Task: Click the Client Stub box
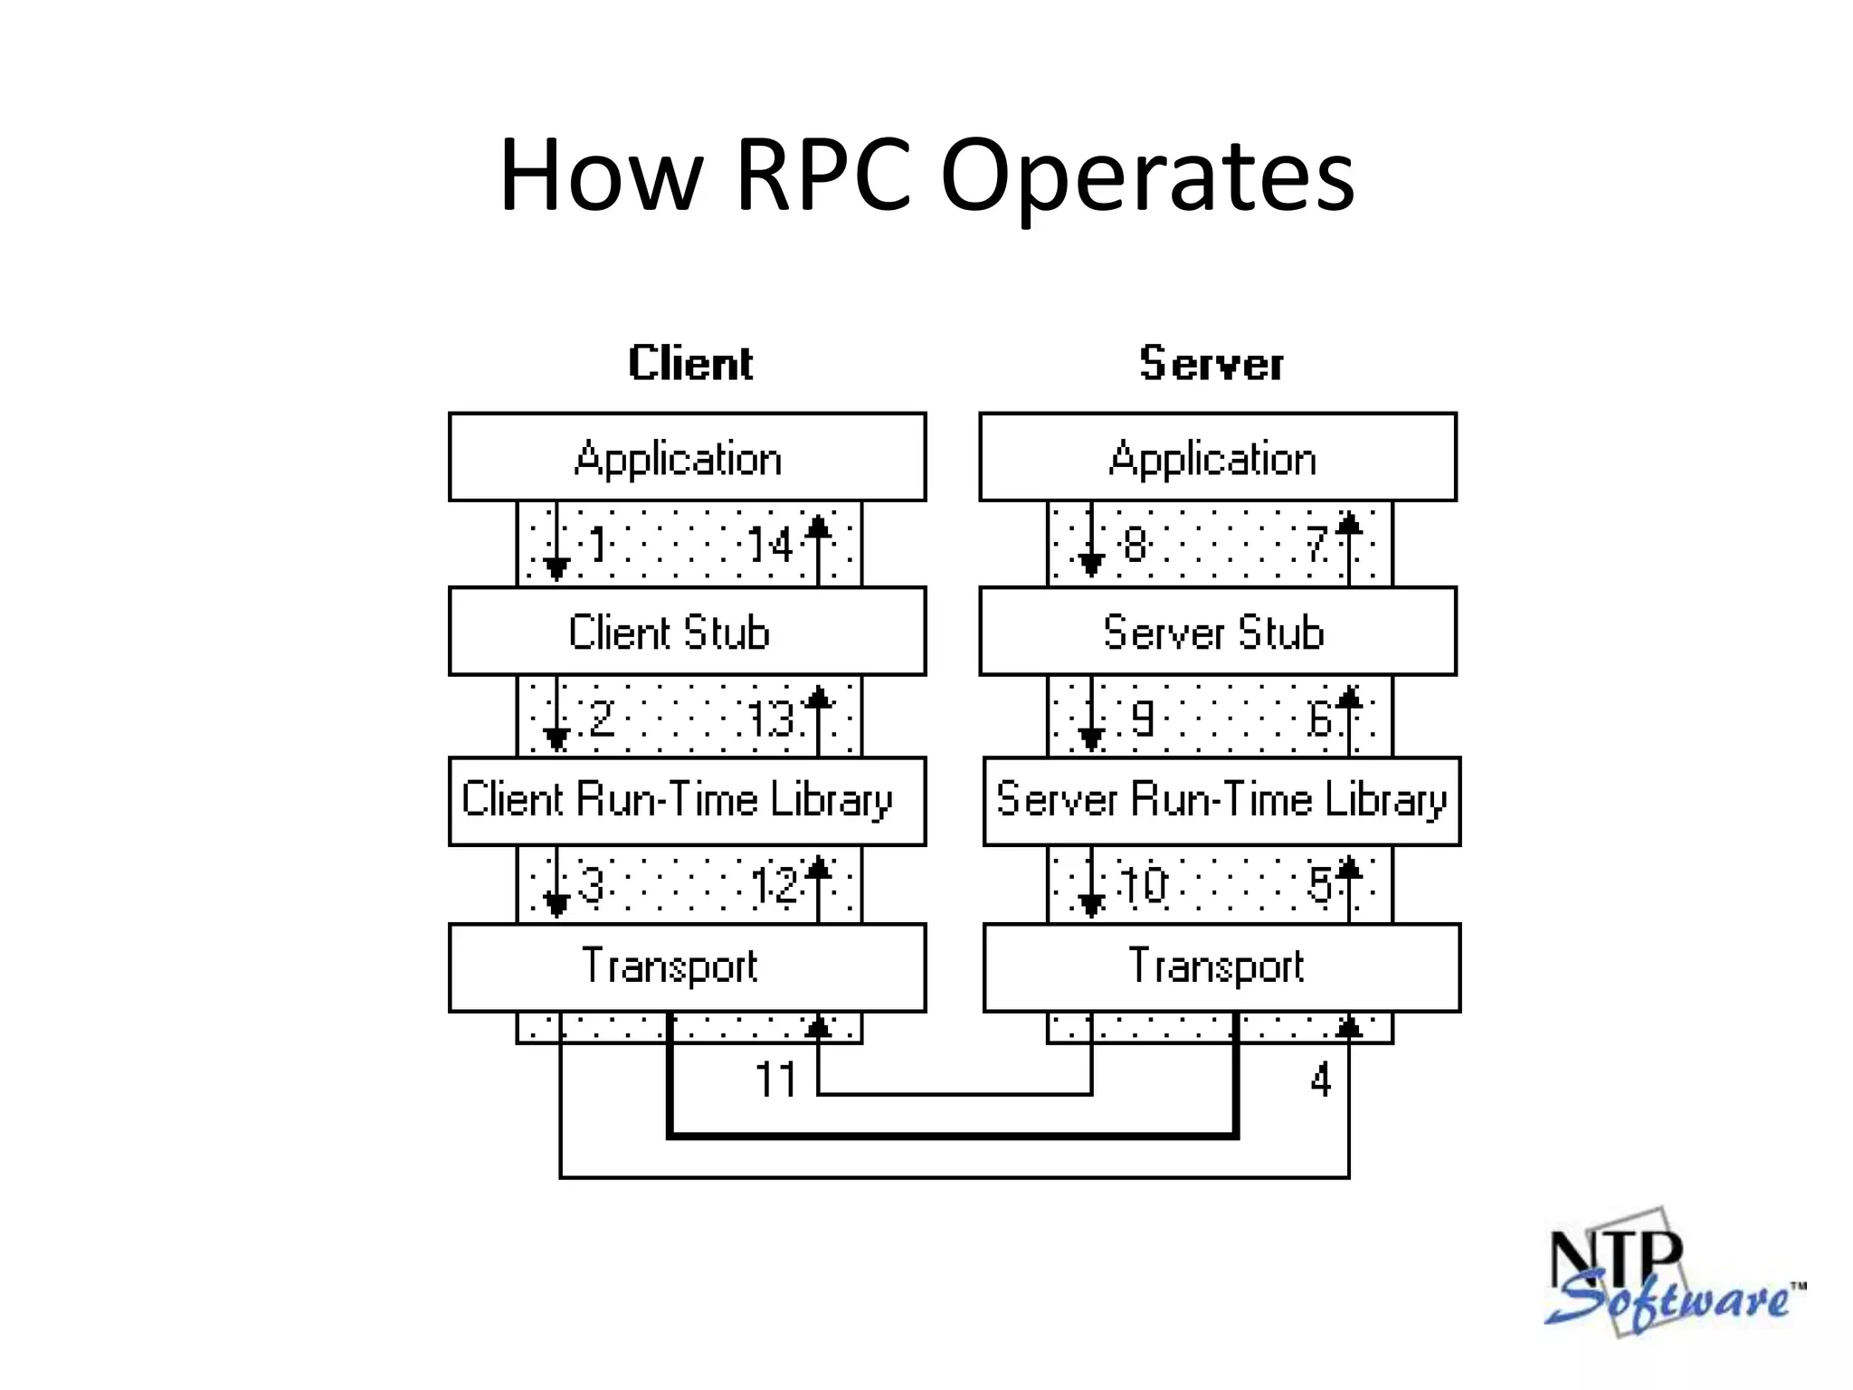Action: (687, 631)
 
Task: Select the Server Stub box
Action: (1217, 631)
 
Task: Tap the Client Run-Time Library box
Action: (687, 801)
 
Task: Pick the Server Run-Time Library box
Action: (1221, 801)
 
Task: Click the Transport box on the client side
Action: (687, 966)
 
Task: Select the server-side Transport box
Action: (1221, 966)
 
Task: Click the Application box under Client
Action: (687, 457)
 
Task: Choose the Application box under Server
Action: (1217, 457)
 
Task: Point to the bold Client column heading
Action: (690, 363)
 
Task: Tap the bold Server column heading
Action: (1211, 363)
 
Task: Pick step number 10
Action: (1144, 885)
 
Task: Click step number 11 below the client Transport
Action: (775, 1080)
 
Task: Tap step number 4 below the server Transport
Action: (1320, 1080)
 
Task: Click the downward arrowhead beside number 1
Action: (556, 568)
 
